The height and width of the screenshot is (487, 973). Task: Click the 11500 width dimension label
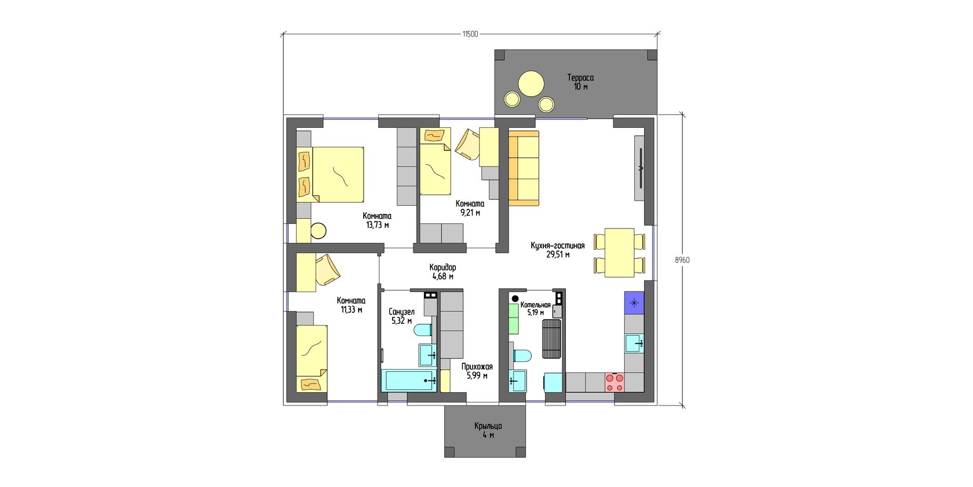[x=470, y=34]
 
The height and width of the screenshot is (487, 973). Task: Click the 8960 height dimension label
[x=682, y=260]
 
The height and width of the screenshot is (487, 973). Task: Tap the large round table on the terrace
[x=531, y=84]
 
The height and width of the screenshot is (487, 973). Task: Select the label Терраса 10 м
[x=580, y=82]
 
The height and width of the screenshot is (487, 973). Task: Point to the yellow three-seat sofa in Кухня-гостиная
[x=524, y=168]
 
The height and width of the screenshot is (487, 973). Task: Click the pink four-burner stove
[x=614, y=383]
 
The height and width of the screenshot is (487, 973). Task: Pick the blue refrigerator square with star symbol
[x=634, y=302]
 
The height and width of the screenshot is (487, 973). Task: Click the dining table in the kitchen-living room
[x=620, y=253]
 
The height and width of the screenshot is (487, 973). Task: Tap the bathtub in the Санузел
[x=409, y=381]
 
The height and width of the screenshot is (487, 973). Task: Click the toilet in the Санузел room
[x=423, y=330]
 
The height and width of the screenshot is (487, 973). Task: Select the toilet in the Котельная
[x=522, y=356]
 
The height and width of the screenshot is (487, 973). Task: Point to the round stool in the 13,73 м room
[x=319, y=231]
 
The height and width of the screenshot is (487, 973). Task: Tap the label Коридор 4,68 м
[x=442, y=272]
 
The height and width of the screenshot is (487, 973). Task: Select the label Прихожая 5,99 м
[x=477, y=371]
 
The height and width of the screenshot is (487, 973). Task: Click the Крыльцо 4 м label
[x=488, y=431]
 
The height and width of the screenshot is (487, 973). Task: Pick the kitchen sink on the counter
[x=634, y=344]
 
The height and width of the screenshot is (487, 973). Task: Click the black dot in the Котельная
[x=515, y=298]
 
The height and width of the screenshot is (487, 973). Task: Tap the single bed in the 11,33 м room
[x=312, y=359]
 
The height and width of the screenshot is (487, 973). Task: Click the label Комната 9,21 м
[x=470, y=208]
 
